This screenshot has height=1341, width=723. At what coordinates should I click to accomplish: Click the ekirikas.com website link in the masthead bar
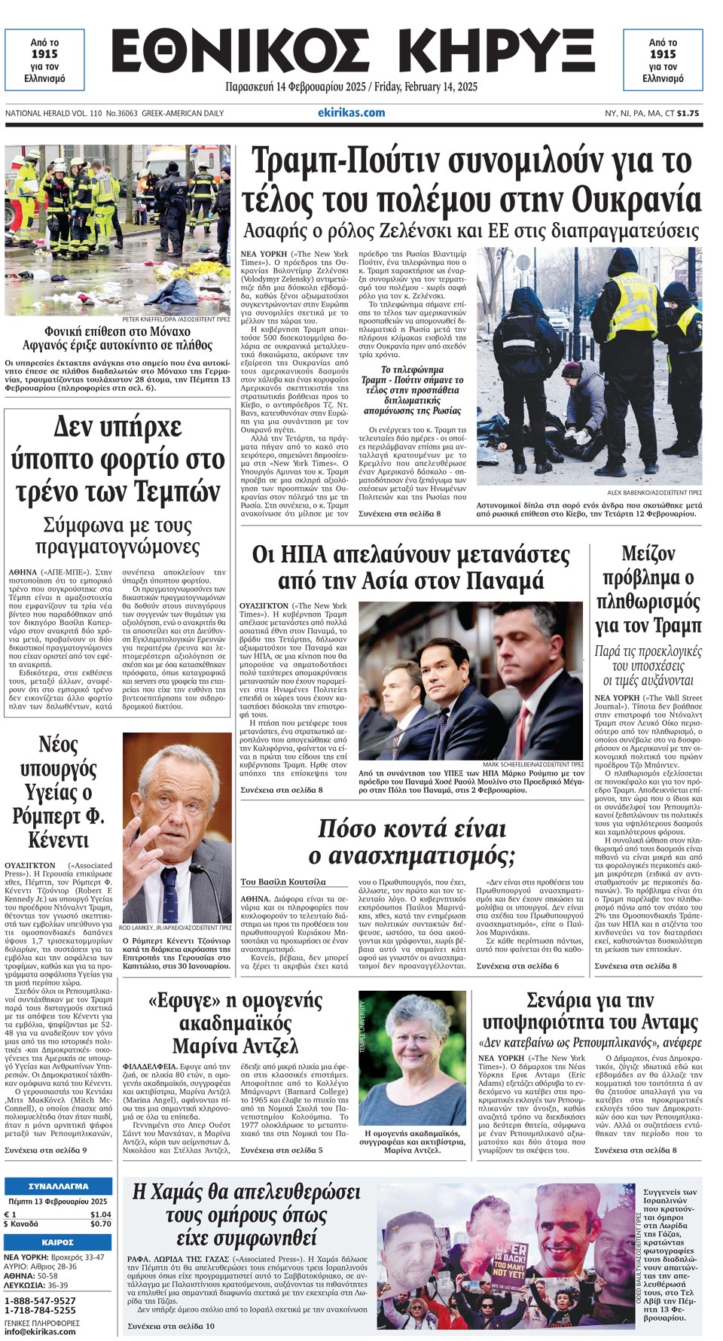pos(351,113)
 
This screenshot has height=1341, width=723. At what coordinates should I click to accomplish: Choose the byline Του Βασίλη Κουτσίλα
pos(283,881)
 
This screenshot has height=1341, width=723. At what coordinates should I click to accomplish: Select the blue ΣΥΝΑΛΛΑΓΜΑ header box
pos(58,1187)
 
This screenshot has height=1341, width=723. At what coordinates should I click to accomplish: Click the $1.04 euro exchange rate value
pos(100,1215)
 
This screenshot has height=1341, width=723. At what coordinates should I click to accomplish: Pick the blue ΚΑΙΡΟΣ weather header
pos(58,1242)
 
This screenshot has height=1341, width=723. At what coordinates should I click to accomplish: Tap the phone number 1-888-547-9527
pos(40,1301)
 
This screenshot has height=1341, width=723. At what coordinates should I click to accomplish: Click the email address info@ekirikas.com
pos(40,1331)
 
